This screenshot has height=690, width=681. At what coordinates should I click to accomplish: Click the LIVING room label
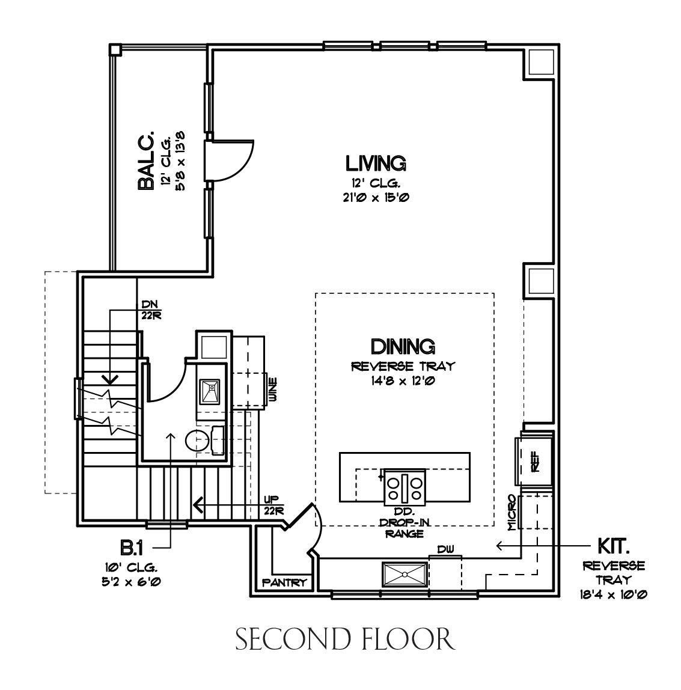[x=375, y=163]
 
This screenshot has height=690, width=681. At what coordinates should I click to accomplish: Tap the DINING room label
[x=403, y=347]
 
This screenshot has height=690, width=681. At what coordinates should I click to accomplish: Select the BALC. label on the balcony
[x=146, y=160]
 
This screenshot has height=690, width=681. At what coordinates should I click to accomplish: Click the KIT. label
[x=613, y=546]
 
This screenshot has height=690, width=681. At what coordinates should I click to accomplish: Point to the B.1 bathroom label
[x=132, y=548]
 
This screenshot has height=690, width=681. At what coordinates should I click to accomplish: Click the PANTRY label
[x=284, y=582]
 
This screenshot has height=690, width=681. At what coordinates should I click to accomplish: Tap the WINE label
[x=273, y=389]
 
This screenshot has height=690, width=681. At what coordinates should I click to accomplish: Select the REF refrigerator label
[x=536, y=462]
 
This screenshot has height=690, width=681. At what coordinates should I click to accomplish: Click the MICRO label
[x=512, y=511]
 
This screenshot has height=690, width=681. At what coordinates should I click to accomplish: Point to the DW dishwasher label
[x=445, y=549]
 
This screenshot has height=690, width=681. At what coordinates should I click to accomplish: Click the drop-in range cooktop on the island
[x=405, y=487]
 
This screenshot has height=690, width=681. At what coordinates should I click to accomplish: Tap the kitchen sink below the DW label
[x=405, y=575]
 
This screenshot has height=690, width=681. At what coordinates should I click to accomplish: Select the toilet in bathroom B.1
[x=204, y=441]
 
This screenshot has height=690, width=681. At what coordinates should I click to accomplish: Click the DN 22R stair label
[x=151, y=310]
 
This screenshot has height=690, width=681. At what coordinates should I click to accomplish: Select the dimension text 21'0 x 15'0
[x=376, y=198]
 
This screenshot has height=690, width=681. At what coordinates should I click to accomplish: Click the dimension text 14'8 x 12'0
[x=403, y=380]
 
